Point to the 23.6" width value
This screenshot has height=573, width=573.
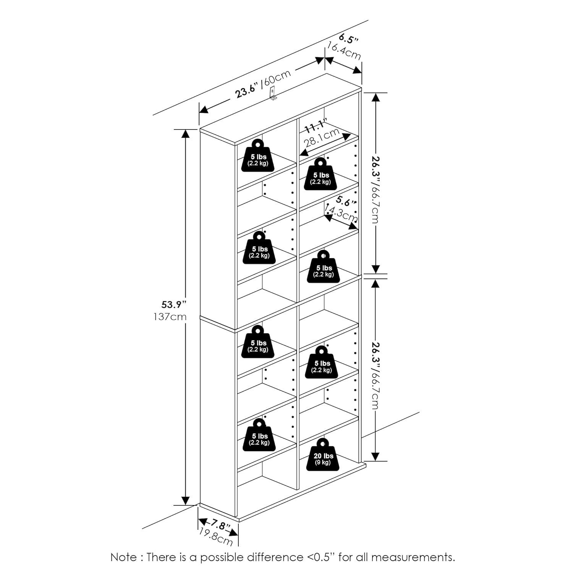(247, 91)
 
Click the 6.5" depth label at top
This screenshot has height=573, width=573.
(349, 39)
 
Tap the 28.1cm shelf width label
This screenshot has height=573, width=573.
(322, 139)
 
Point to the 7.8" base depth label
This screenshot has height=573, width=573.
(219, 524)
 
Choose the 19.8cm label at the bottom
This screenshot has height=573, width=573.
(215, 537)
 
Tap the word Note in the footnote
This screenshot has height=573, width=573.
(123, 557)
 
